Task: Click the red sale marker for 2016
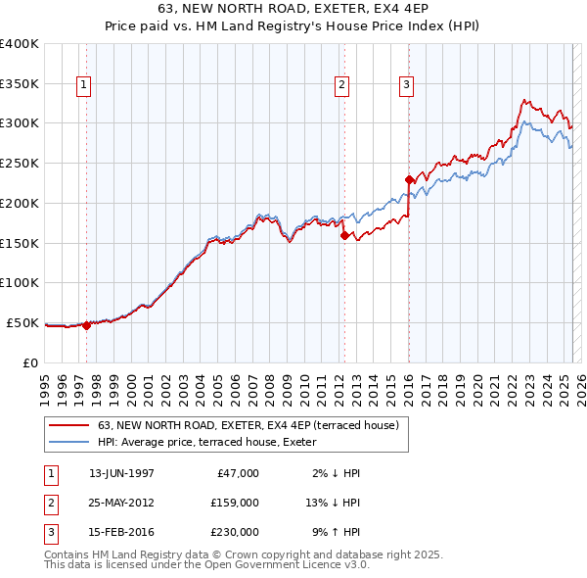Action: (x=409, y=179)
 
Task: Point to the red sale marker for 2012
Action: (x=344, y=235)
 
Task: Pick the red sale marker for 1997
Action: (x=86, y=325)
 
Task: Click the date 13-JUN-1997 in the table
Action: (x=121, y=473)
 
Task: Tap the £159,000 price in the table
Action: (x=234, y=503)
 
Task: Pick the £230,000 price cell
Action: (x=234, y=532)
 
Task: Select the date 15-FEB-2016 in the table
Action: (x=121, y=532)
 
